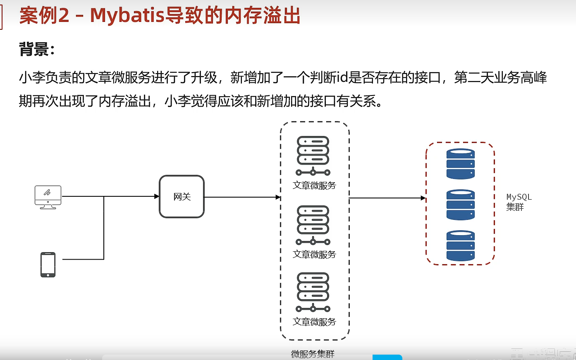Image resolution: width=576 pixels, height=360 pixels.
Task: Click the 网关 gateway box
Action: pos(182,197)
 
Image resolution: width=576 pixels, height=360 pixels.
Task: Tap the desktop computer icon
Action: pos(48,197)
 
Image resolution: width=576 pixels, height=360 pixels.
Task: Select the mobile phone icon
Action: pos(48,265)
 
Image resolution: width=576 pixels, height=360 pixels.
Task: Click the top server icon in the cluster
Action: pos(313,155)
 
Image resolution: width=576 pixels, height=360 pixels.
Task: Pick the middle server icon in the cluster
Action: pos(313,225)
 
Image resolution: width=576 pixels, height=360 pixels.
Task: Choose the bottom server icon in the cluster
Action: pos(313,292)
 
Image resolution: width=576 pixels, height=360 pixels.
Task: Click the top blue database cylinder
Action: pos(460,164)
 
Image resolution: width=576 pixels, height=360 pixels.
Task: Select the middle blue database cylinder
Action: pos(460,205)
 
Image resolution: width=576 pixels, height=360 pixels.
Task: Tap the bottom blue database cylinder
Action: pos(460,246)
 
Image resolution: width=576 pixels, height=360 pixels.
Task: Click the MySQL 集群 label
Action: pos(519,202)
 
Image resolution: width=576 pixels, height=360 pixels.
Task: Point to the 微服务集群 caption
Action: pos(313,354)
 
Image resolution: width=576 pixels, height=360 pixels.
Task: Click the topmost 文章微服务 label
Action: pos(314,186)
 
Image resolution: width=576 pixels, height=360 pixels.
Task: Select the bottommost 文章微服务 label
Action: pos(314,322)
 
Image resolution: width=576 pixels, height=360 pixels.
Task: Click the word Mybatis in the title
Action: pos(127,16)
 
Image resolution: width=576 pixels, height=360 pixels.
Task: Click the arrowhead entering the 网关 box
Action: pos(157,196)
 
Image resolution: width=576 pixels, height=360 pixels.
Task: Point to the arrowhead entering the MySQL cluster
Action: pos(423,198)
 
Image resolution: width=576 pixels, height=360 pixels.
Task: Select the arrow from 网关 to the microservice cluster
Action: pos(242,197)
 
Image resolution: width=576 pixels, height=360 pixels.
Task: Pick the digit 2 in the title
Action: pos(64,16)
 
